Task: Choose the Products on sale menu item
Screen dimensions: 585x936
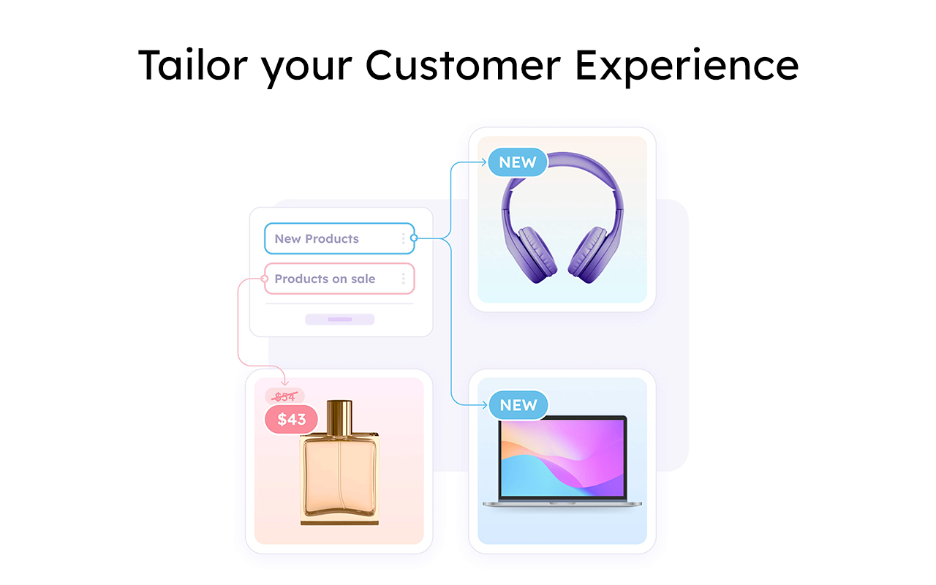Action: (x=325, y=279)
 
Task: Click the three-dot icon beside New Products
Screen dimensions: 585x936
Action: (x=403, y=238)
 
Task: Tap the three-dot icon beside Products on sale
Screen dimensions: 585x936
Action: (x=403, y=279)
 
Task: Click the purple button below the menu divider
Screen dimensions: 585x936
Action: (x=339, y=320)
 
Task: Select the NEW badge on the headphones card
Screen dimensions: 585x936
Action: (x=518, y=162)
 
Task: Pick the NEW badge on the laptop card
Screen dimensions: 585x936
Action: (x=518, y=405)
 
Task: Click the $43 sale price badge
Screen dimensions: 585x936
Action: (x=291, y=420)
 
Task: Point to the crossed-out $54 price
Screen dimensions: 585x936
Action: (x=284, y=397)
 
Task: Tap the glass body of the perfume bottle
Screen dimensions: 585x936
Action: (x=339, y=475)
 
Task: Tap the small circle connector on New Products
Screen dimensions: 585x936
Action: (x=414, y=238)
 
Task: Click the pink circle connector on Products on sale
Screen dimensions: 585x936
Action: (x=265, y=279)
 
